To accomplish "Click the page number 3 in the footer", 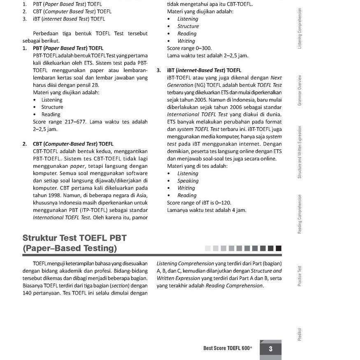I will pos(270,349).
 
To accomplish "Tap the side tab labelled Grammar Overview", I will pos(300,90).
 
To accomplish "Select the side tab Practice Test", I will pos(300,276).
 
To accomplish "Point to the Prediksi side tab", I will pos(300,334).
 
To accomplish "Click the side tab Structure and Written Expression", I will pos(300,152).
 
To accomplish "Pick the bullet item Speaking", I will pos(188,181).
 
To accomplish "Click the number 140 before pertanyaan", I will pos(28,293).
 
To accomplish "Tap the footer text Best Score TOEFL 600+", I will pos(228,348).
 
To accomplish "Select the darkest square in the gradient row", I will pos(279,248).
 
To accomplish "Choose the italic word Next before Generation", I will pos(276,78).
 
